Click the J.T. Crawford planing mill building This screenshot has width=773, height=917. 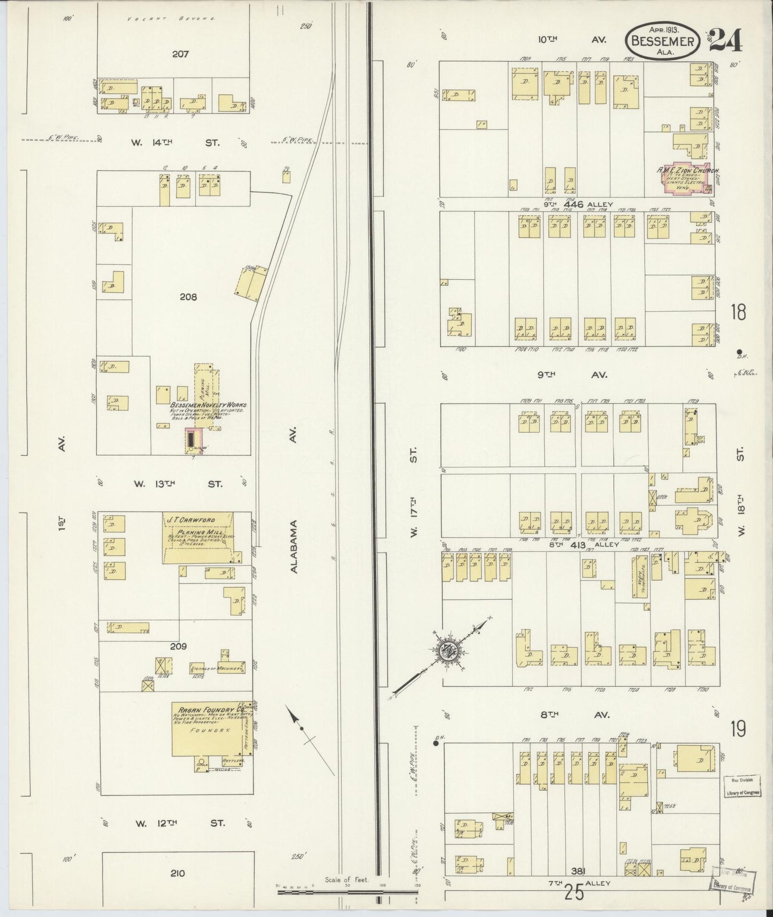pyautogui.click(x=198, y=538)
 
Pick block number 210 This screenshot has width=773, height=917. pyautogui.click(x=177, y=873)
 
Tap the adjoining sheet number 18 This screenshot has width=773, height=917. pyautogui.click(x=738, y=312)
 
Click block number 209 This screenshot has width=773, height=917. pyautogui.click(x=178, y=646)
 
